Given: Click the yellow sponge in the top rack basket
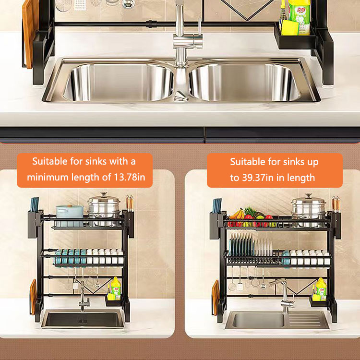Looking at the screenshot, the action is (290, 28).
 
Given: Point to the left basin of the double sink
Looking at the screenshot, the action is (119, 82).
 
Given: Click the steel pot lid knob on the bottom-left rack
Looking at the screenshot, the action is (104, 195).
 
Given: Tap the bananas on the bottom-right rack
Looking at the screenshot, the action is (238, 214).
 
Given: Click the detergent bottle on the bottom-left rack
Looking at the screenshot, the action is (116, 288).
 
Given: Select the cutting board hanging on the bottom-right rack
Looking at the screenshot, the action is (216, 297).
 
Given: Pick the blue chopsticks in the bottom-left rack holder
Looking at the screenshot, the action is (35, 204).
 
